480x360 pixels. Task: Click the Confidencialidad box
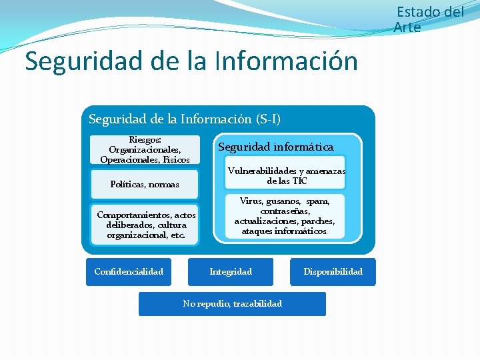[129, 272]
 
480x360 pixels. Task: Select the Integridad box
[231, 272]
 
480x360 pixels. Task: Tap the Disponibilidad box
[333, 272]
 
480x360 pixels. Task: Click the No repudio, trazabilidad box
[232, 304]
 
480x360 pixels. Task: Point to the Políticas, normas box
[145, 184]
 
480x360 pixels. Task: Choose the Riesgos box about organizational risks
[145, 150]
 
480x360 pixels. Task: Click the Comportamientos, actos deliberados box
[146, 225]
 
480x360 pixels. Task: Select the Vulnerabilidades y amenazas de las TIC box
[286, 176]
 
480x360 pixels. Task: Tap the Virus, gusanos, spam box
[285, 216]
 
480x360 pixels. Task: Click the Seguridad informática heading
[276, 147]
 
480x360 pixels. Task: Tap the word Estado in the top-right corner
[419, 12]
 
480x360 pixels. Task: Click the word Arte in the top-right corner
[407, 27]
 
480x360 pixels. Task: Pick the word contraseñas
[285, 211]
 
